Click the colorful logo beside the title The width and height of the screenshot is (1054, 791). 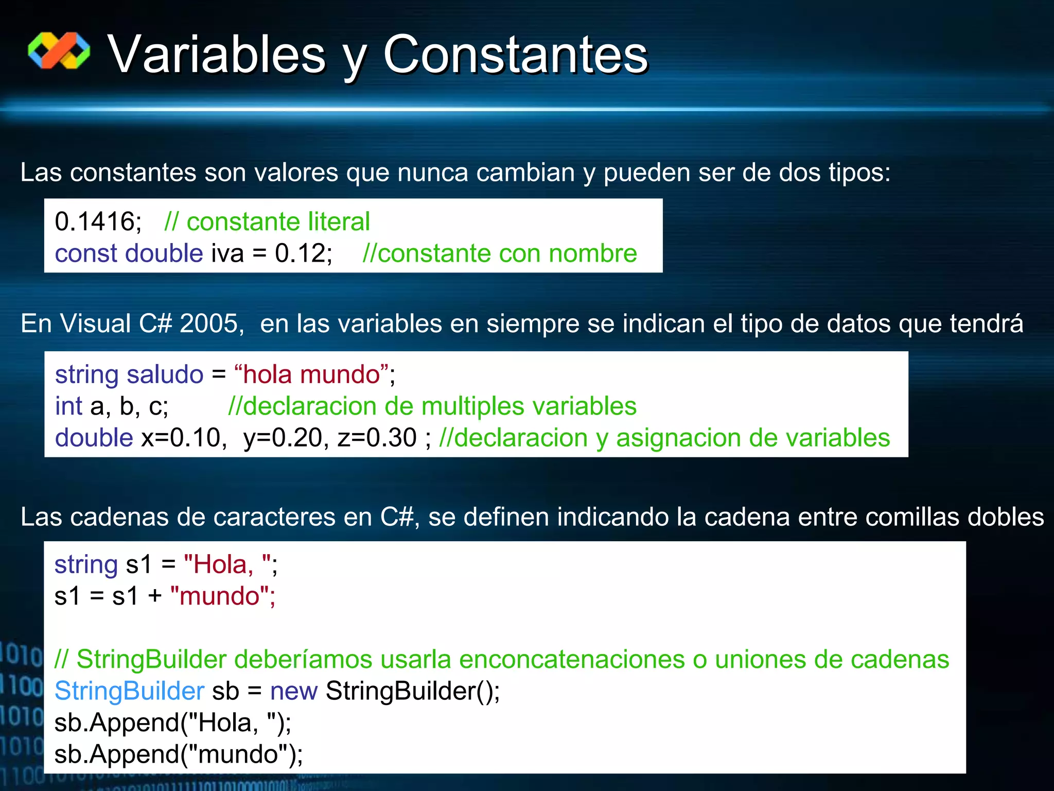click(x=59, y=50)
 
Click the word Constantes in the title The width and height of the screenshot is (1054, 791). click(x=515, y=55)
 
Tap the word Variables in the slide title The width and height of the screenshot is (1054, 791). click(x=216, y=55)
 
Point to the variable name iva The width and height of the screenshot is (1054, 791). click(x=227, y=253)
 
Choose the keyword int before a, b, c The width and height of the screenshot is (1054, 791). click(x=68, y=406)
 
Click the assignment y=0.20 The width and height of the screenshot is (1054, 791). click(x=283, y=438)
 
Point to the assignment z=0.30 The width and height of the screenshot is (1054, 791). click(x=377, y=438)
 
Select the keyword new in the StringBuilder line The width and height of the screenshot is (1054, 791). click(x=294, y=691)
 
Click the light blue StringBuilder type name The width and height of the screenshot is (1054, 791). click(x=129, y=691)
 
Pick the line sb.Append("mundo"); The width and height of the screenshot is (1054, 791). click(x=179, y=754)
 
